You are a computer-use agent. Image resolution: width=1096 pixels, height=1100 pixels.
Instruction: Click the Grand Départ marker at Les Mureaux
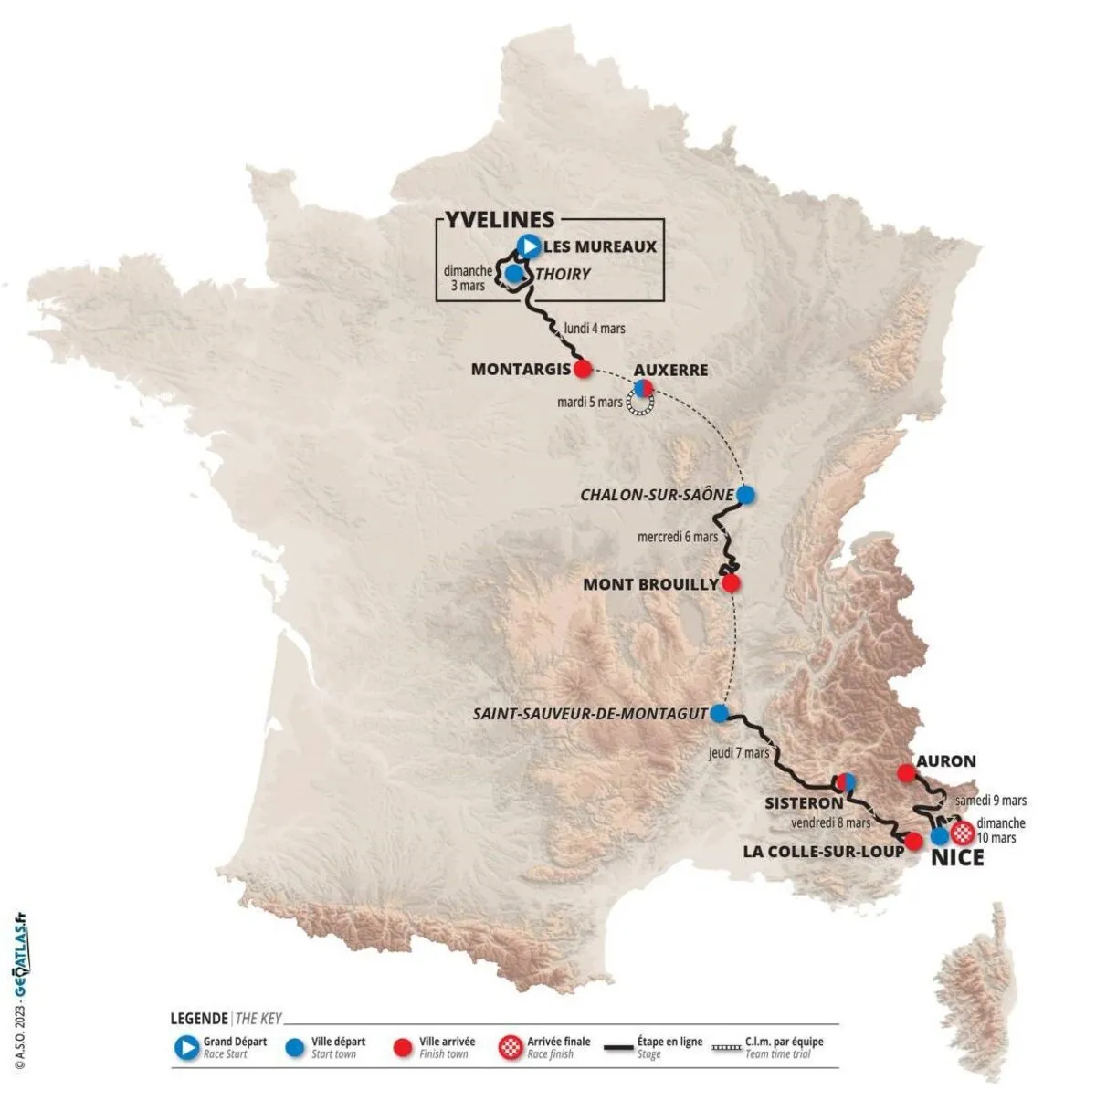click(x=528, y=246)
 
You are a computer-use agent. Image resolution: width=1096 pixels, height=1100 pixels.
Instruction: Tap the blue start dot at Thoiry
click(x=514, y=273)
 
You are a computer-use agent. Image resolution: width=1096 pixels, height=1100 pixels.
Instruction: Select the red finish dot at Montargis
click(x=582, y=369)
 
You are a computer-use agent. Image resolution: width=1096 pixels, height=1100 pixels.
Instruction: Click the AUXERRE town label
click(x=671, y=370)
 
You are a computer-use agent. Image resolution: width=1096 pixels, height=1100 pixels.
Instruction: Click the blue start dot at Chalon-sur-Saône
click(x=746, y=495)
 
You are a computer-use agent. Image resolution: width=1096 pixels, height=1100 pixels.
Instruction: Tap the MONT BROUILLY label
click(x=650, y=583)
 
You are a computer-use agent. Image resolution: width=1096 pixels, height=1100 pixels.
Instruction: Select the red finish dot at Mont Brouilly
click(x=731, y=582)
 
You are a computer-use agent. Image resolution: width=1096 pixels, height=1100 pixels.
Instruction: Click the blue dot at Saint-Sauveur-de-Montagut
click(x=720, y=713)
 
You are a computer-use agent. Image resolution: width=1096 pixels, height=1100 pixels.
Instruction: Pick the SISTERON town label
click(x=804, y=803)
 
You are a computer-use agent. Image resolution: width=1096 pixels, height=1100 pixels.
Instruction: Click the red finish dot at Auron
click(x=906, y=773)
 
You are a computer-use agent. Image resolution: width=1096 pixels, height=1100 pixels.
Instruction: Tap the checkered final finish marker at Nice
click(x=962, y=833)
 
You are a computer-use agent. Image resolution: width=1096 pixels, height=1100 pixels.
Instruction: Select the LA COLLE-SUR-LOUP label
click(x=823, y=851)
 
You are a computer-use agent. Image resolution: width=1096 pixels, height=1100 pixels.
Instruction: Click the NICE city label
click(x=957, y=858)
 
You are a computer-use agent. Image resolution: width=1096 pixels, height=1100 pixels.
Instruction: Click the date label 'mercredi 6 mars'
click(x=678, y=537)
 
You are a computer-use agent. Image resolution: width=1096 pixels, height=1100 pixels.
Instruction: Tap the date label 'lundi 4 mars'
click(x=595, y=328)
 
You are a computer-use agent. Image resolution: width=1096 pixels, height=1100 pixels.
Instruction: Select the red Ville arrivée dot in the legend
click(x=402, y=1048)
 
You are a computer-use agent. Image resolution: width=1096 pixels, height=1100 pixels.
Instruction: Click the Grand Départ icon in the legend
click(x=186, y=1048)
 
